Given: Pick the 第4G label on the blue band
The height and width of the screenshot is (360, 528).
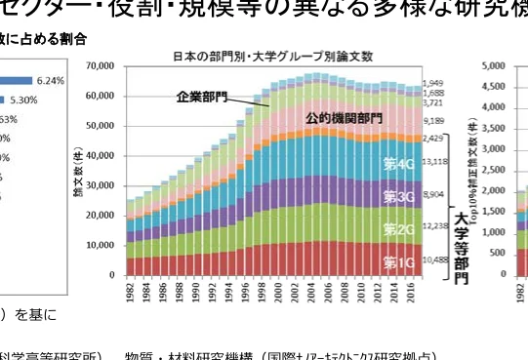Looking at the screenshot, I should click(399, 166).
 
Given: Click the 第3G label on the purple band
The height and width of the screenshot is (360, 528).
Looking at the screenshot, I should click(399, 198).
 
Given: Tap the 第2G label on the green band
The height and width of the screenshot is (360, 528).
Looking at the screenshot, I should click(399, 230).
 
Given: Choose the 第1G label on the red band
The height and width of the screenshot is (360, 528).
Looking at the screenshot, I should click(399, 261).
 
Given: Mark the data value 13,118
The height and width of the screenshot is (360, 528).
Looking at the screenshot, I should click(436, 162).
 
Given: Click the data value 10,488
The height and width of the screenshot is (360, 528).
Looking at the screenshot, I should click(436, 260).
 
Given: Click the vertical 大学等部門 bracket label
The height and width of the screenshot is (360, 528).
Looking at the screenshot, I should click(461, 243).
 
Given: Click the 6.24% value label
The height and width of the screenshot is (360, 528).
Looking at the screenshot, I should click(49, 81).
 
